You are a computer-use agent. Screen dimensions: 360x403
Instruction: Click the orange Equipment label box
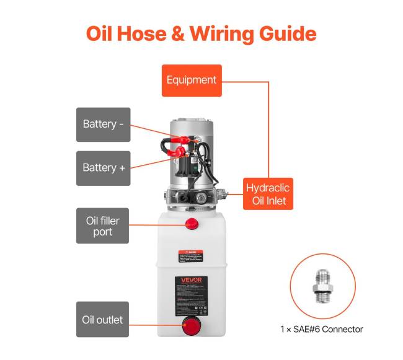click(x=192, y=80)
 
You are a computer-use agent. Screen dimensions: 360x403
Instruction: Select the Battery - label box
click(x=103, y=124)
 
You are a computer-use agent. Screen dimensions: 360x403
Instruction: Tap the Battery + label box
click(x=103, y=167)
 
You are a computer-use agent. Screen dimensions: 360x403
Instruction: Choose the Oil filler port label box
click(x=103, y=226)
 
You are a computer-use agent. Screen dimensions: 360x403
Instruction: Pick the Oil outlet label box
click(x=103, y=320)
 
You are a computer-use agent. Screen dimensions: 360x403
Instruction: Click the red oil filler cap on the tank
click(x=190, y=223)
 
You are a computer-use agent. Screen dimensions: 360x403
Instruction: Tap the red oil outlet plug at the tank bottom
click(x=190, y=325)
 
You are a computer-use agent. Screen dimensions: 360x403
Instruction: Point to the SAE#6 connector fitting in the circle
click(x=322, y=284)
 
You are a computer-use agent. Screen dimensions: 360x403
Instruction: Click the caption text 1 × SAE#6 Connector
click(x=321, y=329)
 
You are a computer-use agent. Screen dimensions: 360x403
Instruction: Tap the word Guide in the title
click(x=285, y=33)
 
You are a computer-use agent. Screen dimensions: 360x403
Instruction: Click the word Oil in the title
click(x=101, y=33)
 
